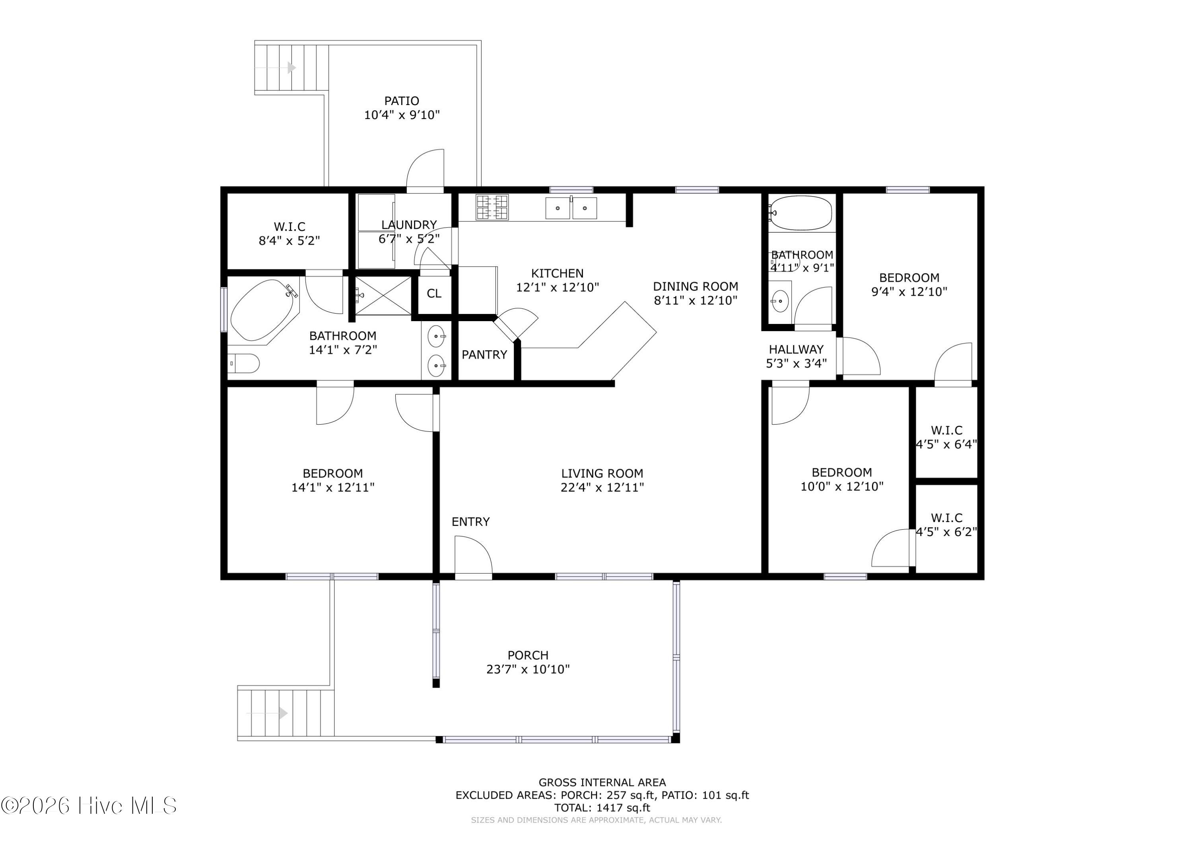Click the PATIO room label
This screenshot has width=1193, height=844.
(402, 101)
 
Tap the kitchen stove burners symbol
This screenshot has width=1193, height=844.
(492, 207)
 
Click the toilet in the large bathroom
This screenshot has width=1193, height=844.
(244, 363)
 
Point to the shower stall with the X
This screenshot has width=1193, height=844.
(383, 296)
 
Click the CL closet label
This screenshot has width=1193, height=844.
(434, 294)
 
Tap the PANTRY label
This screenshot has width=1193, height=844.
(484, 355)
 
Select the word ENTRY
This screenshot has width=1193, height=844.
(471, 522)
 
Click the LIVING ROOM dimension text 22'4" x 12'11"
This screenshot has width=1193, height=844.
(602, 487)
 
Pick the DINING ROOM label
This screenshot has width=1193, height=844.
(696, 286)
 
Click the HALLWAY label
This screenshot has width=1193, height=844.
(796, 349)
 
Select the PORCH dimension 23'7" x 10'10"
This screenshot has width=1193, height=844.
(528, 669)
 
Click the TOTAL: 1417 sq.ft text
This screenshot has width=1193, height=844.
(602, 808)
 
